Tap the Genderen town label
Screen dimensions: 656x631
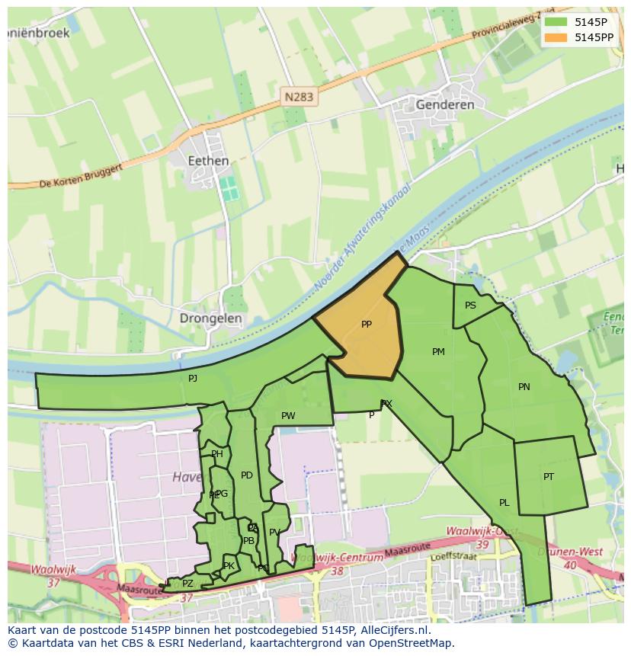pos(445,104)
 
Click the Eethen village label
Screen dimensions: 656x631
pos(208,161)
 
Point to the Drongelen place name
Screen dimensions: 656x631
pos(211,318)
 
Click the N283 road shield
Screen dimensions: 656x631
pos(299,97)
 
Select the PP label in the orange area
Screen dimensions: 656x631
pos(367,325)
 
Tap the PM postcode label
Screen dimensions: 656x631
pos(438,352)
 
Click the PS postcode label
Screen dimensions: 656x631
pos(470,306)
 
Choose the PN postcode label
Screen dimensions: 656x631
pos(524,387)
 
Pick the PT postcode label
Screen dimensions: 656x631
pos(549,477)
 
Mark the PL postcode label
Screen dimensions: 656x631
pos(504,503)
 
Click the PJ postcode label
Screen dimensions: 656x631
pos(193,378)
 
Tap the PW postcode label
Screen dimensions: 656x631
pos(288,416)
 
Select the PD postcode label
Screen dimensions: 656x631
pos(246,475)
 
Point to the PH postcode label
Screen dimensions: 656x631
pos(217,454)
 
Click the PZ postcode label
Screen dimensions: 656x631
pos(187,584)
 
